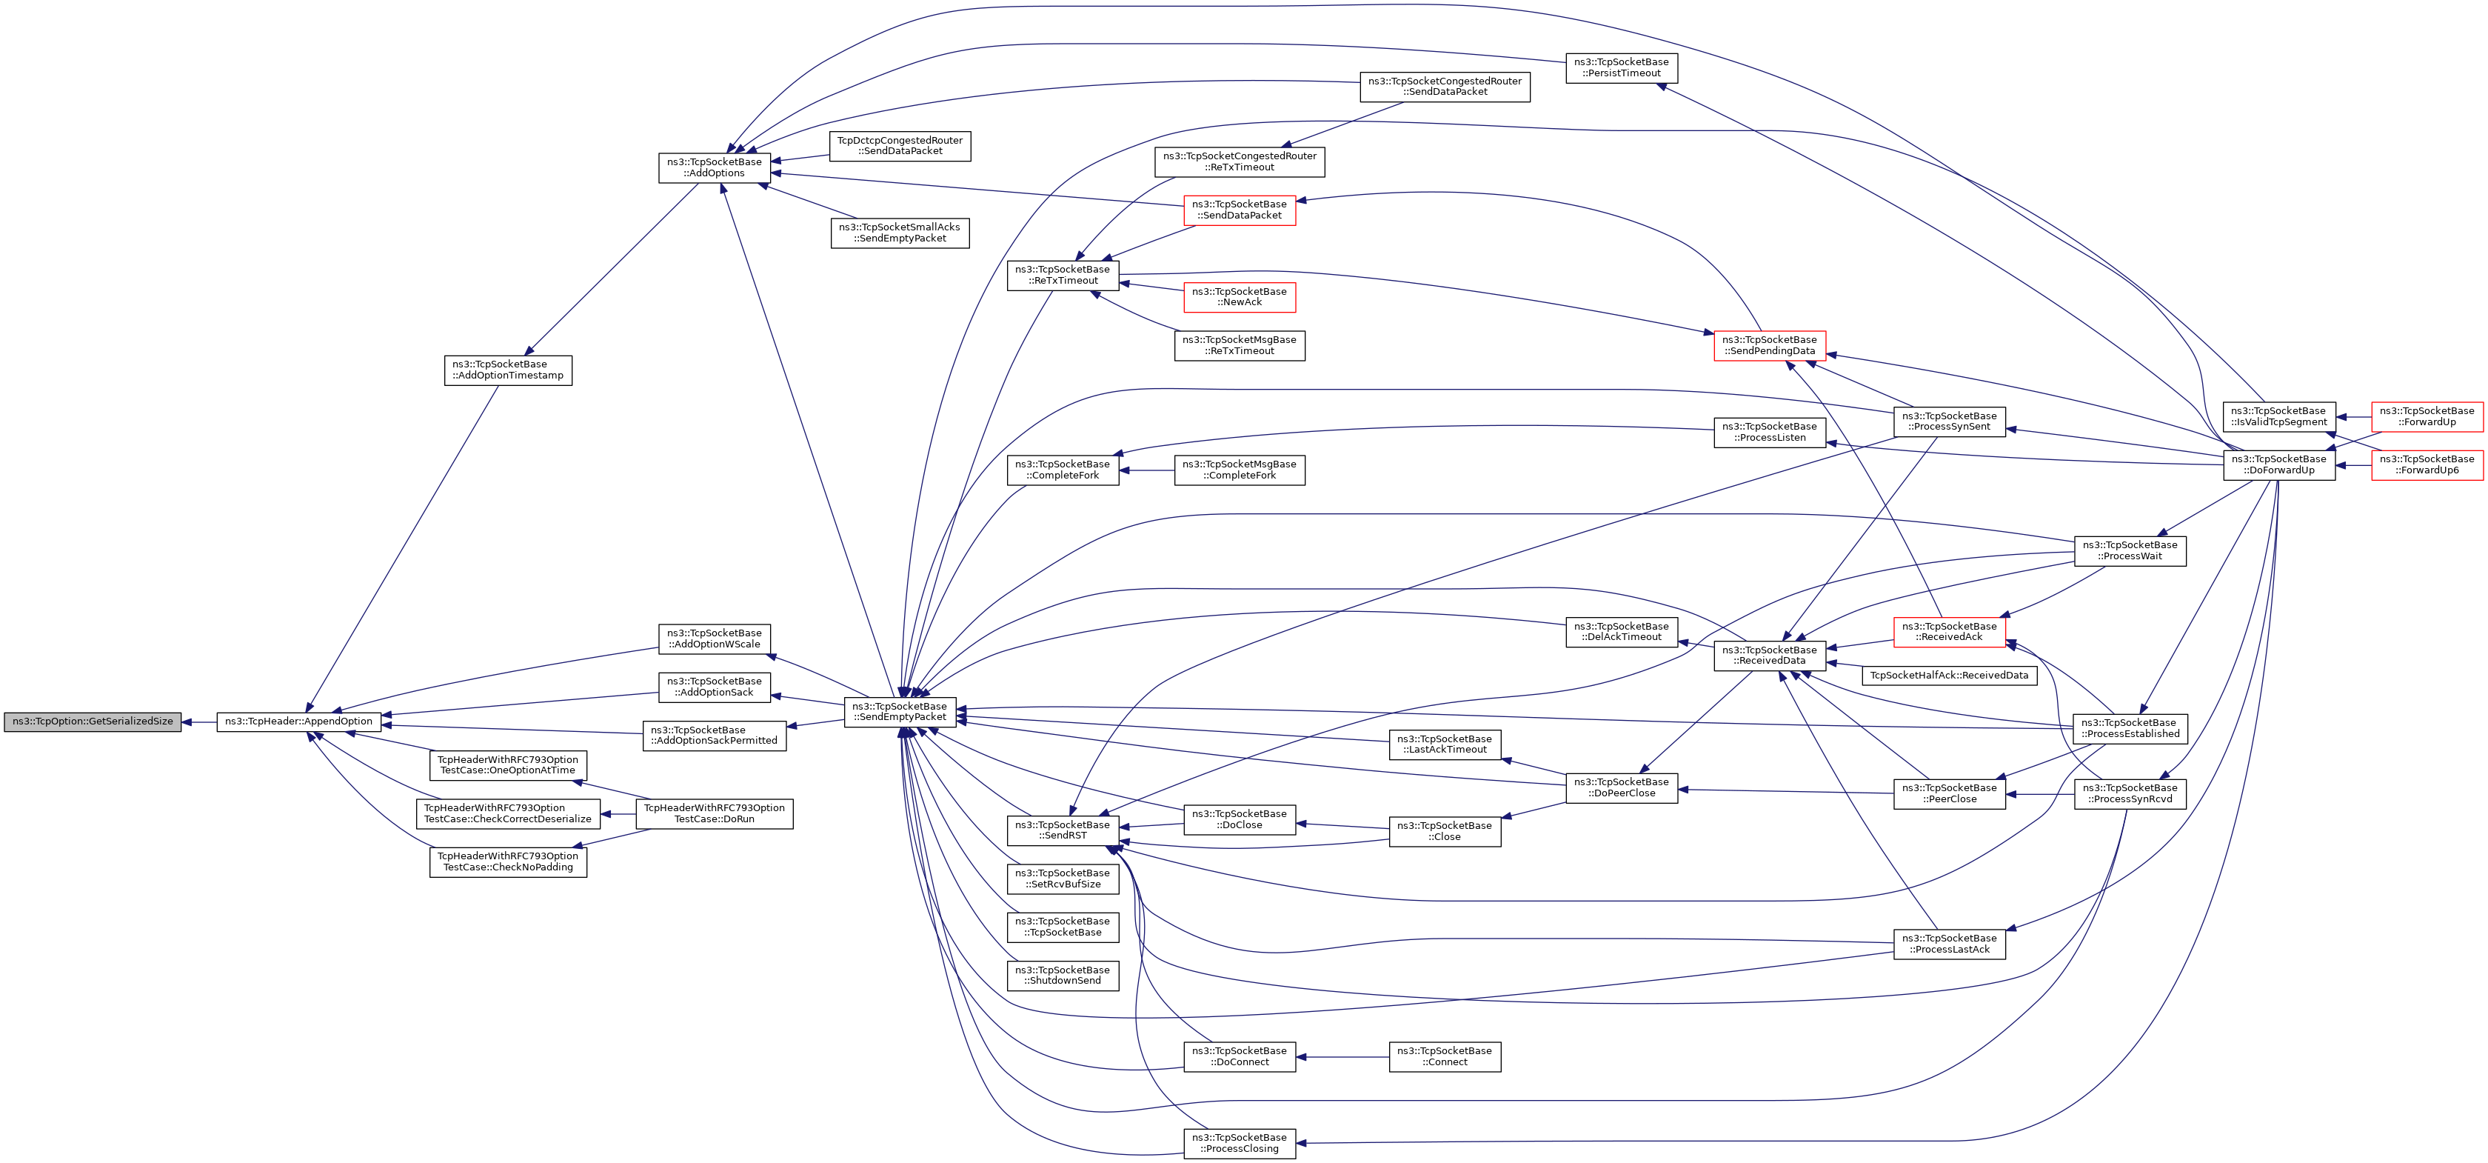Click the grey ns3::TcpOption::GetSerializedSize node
(x=93, y=722)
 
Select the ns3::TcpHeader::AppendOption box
(x=298, y=722)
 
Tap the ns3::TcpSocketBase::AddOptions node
(x=715, y=168)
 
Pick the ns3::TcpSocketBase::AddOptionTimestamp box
(x=508, y=370)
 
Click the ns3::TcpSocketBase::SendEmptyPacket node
(x=899, y=712)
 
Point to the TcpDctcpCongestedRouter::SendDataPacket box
(x=900, y=146)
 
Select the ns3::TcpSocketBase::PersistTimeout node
(x=1621, y=67)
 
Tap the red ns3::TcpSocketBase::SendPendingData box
(x=1770, y=346)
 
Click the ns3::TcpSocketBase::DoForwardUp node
(x=2278, y=464)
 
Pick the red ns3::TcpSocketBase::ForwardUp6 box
(x=2427, y=464)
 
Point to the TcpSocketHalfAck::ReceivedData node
(x=1949, y=675)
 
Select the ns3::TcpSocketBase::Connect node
(x=1444, y=1057)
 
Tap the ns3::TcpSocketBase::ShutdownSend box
(x=1063, y=976)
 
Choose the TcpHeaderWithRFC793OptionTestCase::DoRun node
(x=715, y=813)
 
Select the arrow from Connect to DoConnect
(x=1342, y=1057)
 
